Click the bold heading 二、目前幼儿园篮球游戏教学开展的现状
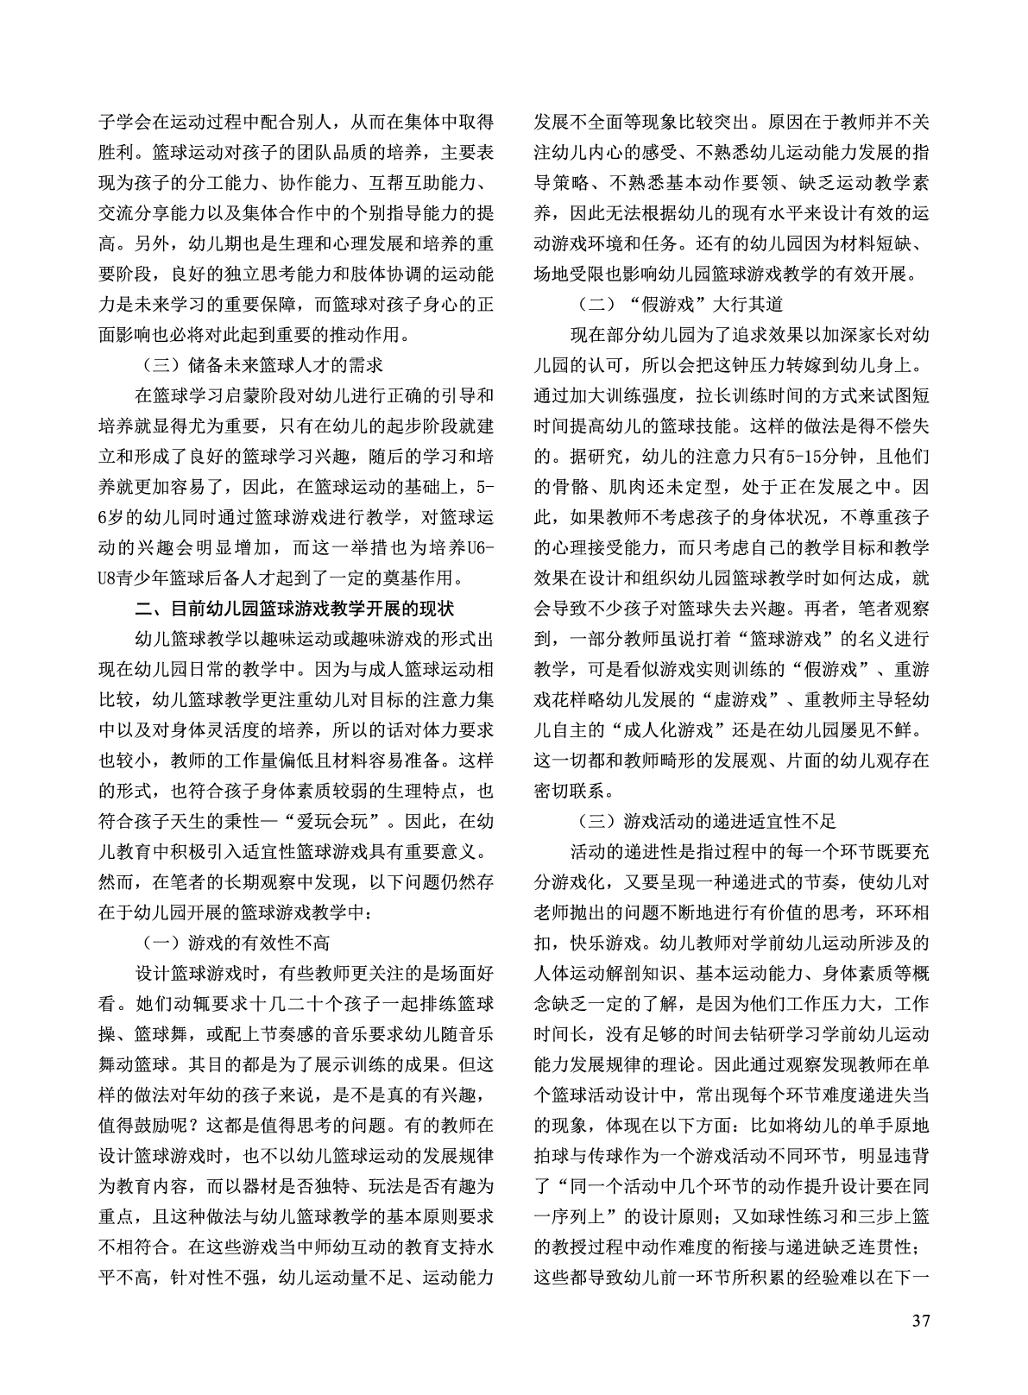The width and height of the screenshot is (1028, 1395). tap(294, 609)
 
